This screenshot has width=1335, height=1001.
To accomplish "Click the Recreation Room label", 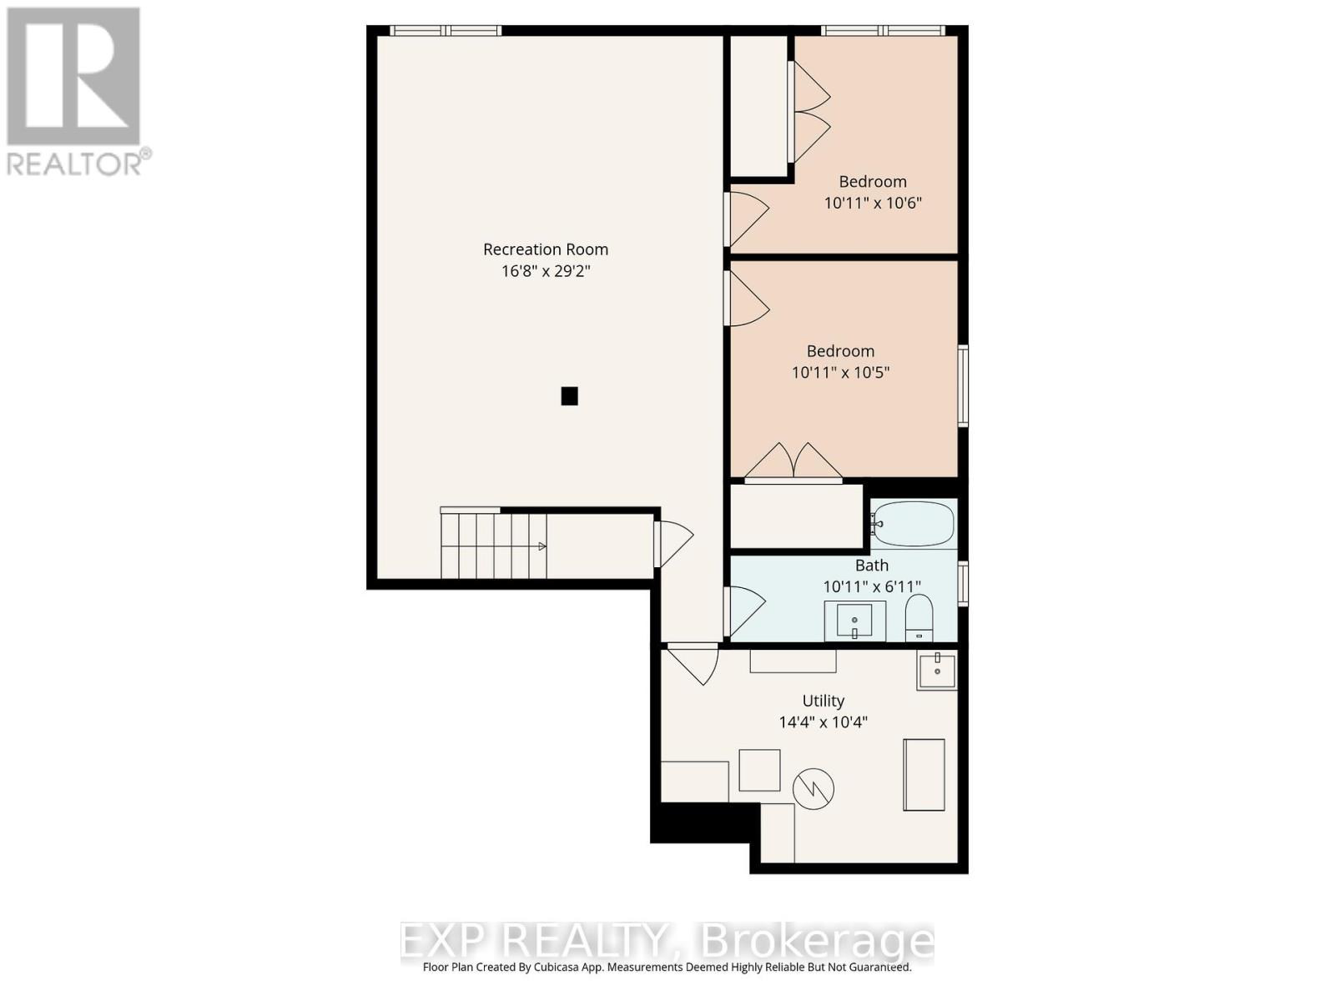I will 546,249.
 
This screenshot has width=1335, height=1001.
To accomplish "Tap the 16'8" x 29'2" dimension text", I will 546,271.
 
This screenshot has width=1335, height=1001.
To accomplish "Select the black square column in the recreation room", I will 569,395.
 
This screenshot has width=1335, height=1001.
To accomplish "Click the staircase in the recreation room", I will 493,546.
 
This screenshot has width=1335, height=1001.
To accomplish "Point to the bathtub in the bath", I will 913,524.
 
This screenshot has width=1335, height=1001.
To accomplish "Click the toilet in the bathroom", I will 919,617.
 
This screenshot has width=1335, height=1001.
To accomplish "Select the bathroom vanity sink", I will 855,621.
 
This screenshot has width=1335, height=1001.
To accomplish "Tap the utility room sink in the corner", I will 937,671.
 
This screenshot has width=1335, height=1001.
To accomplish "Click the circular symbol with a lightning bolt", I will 814,788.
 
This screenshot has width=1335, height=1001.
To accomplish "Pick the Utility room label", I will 823,701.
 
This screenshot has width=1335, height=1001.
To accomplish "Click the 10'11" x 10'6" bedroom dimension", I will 873,203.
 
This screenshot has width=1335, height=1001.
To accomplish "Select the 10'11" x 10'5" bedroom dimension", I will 840,372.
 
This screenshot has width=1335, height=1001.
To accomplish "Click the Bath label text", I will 872,565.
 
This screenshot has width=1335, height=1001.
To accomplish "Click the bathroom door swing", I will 745,610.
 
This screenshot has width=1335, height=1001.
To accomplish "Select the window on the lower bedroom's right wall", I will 963,386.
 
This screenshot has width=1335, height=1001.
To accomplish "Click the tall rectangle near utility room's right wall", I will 924,774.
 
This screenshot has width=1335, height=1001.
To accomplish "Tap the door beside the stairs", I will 673,543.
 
